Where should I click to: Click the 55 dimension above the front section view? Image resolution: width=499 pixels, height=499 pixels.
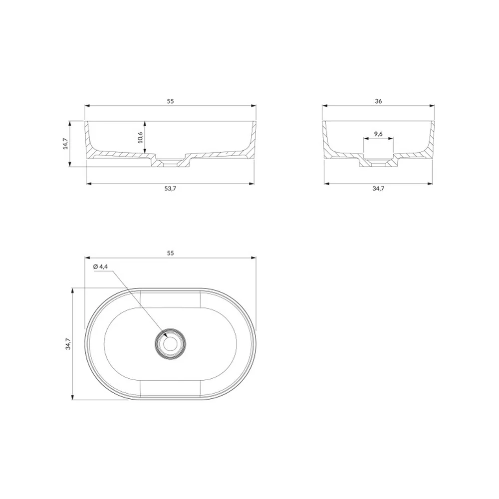tap(170, 101)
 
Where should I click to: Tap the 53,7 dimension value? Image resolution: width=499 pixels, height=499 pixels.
tap(170, 189)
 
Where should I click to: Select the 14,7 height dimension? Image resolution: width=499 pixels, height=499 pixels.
tap(65, 144)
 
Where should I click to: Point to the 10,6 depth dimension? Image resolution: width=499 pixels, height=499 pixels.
tap(140, 137)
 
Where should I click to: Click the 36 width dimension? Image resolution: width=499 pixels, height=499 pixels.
tap(378, 101)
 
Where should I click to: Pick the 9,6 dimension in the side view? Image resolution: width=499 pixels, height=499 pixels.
tap(378, 134)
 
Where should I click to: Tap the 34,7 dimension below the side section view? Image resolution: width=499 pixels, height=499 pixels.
tap(378, 189)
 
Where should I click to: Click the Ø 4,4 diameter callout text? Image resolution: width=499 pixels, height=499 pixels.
tap(101, 266)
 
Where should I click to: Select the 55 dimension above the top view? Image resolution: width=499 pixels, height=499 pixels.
tap(170, 253)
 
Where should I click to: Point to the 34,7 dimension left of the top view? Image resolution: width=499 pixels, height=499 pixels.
tap(68, 344)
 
